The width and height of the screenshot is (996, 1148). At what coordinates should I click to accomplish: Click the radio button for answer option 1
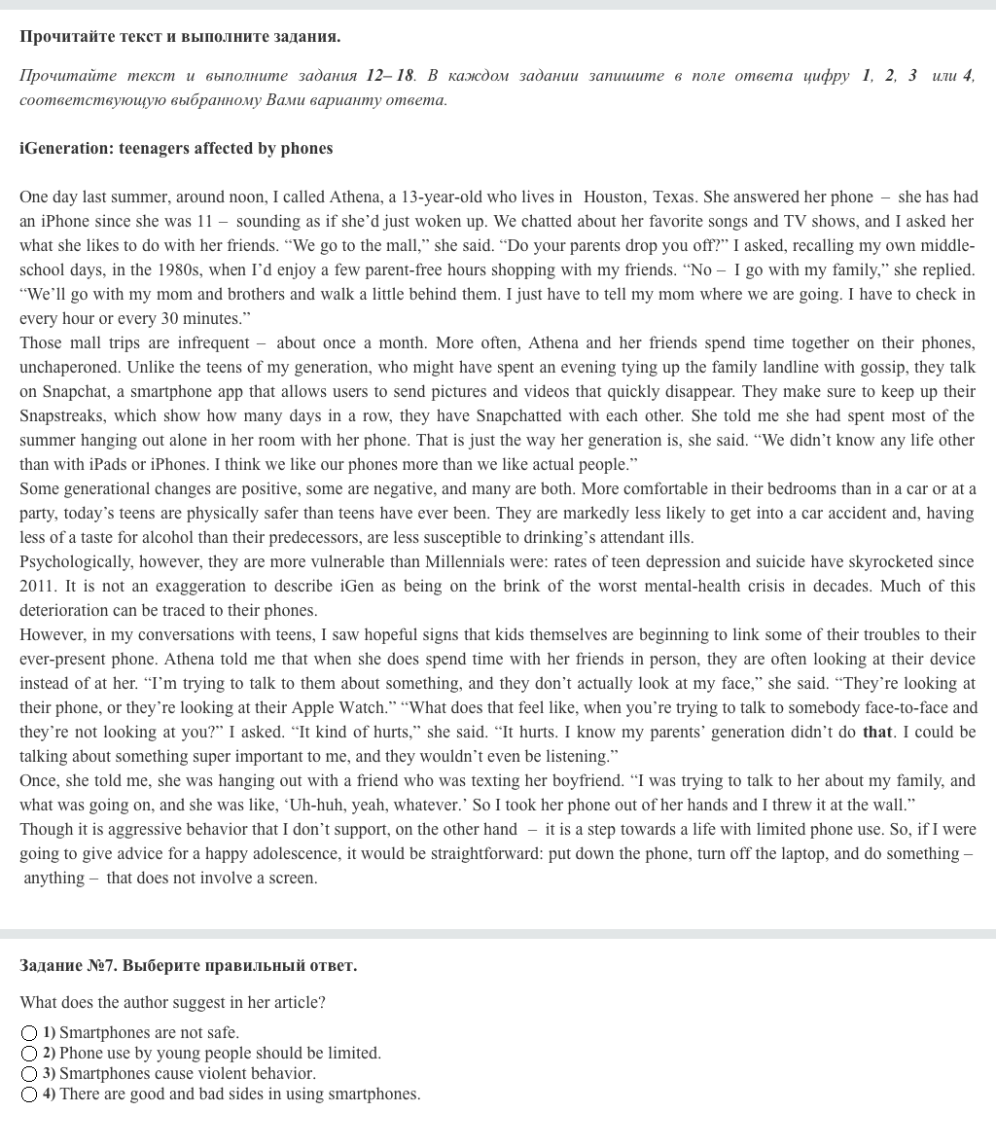point(29,1033)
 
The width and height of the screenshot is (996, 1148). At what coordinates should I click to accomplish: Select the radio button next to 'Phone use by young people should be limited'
point(29,1054)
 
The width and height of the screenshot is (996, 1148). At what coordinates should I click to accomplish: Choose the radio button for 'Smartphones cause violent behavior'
point(29,1074)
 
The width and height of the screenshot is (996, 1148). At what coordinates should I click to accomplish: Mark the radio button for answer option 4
point(29,1094)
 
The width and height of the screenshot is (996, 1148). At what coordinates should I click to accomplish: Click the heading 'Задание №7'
point(188,965)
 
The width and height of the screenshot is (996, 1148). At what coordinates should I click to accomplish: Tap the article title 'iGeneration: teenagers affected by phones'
point(176,148)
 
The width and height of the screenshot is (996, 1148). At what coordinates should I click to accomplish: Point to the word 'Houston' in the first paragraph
point(613,197)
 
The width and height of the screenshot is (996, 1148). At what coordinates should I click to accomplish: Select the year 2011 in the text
point(38,586)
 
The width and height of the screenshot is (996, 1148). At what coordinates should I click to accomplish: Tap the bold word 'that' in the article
point(876,732)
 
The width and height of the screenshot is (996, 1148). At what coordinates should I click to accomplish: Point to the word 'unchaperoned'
point(68,367)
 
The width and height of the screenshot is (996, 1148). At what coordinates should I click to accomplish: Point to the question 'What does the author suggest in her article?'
point(172,1002)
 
